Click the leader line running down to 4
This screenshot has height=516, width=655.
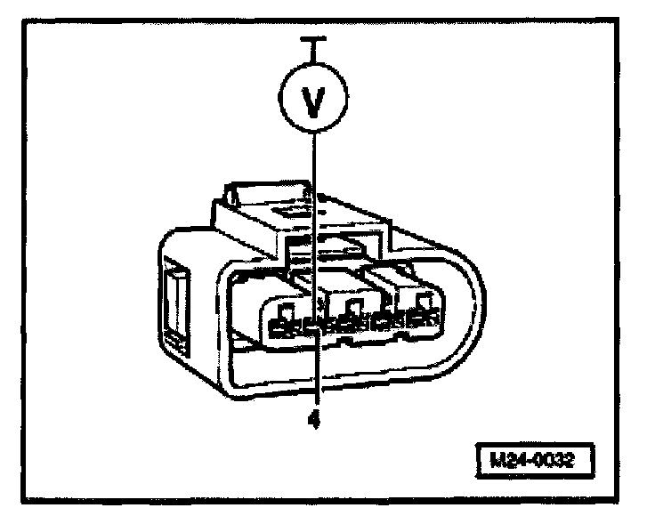pyautogui.click(x=313, y=374)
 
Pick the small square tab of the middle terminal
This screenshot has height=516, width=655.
pyautogui.click(x=355, y=309)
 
